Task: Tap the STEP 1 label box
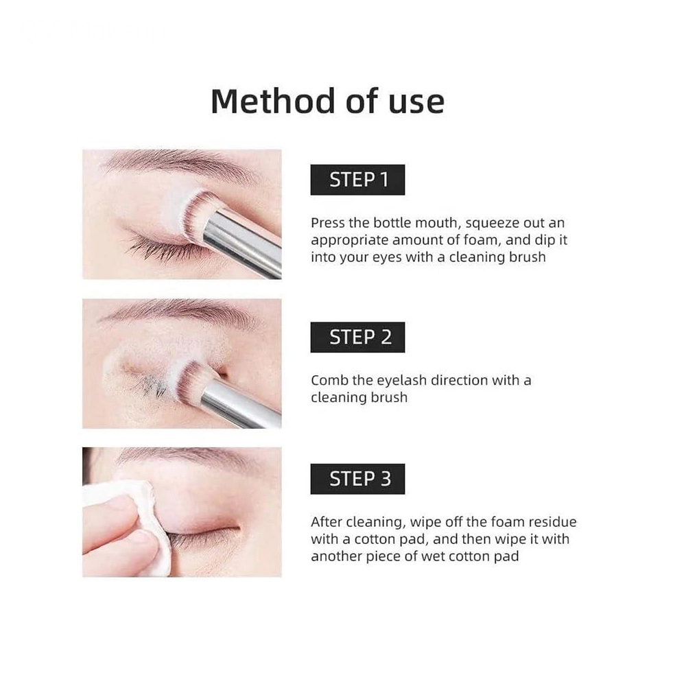click(357, 180)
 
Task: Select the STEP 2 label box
click(357, 338)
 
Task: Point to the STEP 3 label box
click(357, 479)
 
